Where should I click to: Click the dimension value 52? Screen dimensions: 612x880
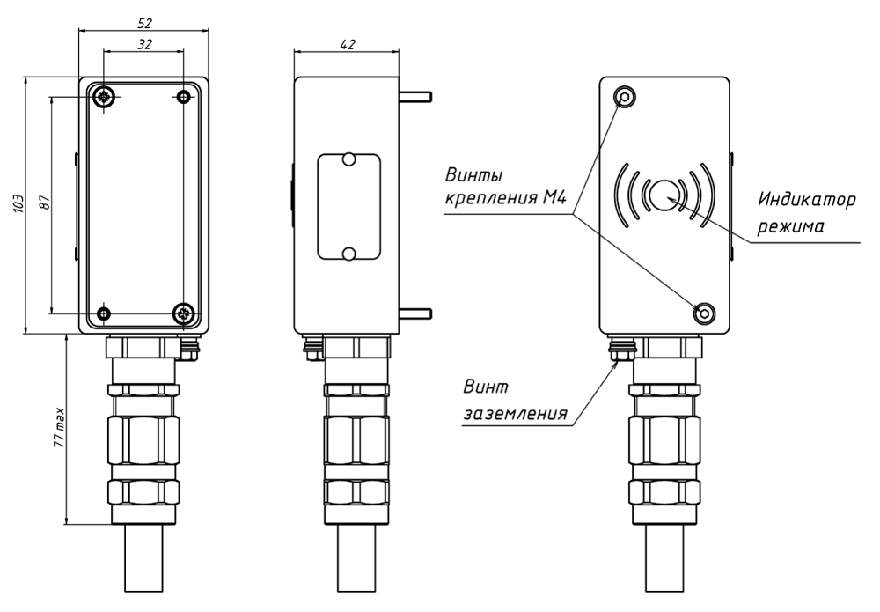click(144, 22)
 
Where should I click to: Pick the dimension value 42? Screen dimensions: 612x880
click(347, 44)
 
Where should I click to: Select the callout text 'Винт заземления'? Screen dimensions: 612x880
click(514, 400)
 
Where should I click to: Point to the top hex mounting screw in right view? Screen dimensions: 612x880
click(626, 97)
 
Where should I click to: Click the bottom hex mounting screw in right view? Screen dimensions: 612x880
click(706, 313)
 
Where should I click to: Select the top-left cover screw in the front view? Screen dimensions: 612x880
click(106, 96)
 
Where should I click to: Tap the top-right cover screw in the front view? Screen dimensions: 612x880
click(184, 96)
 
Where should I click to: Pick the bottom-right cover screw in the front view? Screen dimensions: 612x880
click(184, 313)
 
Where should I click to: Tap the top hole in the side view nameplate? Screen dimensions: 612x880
click(348, 160)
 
